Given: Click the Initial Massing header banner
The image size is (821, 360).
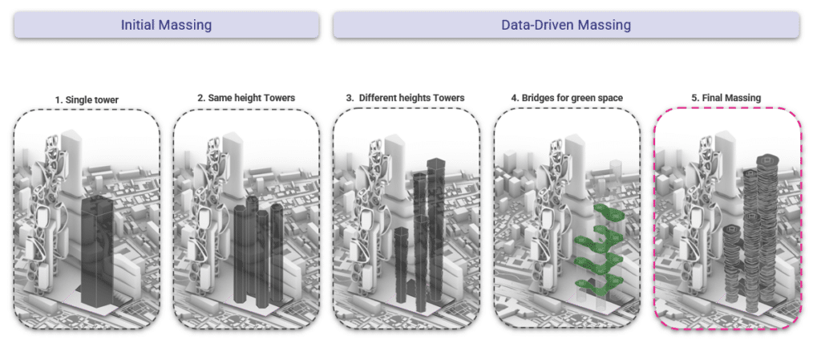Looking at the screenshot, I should pos(166,25).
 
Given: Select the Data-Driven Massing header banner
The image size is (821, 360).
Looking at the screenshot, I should pos(566,25).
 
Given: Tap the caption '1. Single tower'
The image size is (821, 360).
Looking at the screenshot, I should pos(87,99).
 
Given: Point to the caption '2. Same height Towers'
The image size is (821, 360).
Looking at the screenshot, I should pos(246,98).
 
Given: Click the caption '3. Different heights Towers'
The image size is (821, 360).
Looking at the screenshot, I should pos(406,98).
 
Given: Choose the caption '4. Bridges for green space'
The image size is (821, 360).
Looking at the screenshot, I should pos(567,98).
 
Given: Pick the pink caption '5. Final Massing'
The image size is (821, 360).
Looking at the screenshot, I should pos(726,98).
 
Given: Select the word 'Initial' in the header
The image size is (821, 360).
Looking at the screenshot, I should pos(138,25).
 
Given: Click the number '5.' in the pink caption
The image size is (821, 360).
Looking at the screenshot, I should pos(695,98).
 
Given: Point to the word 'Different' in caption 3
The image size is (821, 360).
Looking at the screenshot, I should pos(378,98).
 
